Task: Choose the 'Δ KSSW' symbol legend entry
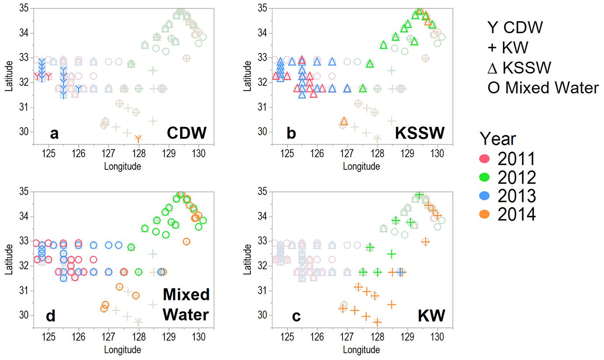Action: (519, 67)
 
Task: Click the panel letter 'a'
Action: (54, 134)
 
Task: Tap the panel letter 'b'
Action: (291, 134)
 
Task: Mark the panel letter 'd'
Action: (51, 316)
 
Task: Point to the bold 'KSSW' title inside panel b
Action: (420, 134)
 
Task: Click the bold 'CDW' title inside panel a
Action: (187, 134)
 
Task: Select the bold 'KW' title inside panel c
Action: (431, 316)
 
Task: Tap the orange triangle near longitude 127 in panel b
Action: (344, 121)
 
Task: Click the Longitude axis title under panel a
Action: (122, 166)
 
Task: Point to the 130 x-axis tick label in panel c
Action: (437, 337)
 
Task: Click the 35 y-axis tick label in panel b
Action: (262, 8)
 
